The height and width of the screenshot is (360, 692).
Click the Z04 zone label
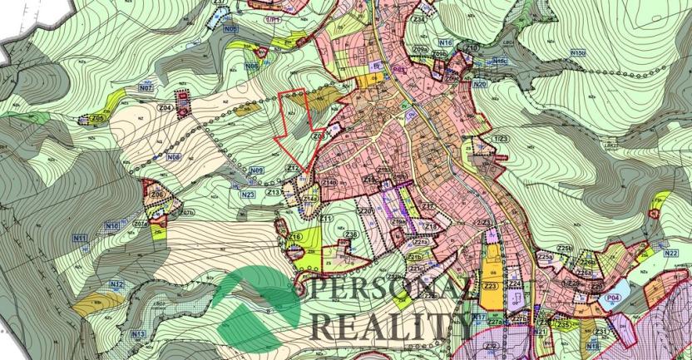[166, 109]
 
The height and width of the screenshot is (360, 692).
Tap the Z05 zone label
[98, 118]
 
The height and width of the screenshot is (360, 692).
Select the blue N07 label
[146, 87]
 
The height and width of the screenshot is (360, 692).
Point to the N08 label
[174, 156]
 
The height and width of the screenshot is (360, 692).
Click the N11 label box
[80, 239]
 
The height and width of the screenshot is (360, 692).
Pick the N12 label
[116, 284]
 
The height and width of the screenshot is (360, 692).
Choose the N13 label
[138, 334]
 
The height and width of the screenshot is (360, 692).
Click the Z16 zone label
[294, 238]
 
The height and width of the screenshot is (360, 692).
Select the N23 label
[248, 195]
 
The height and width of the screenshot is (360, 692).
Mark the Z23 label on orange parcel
[491, 285]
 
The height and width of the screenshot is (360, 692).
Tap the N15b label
[577, 52]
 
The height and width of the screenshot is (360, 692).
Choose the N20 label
[479, 84]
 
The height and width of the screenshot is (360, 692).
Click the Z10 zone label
[472, 48]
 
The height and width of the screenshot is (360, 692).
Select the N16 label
[445, 42]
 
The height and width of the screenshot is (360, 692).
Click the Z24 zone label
[515, 284]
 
